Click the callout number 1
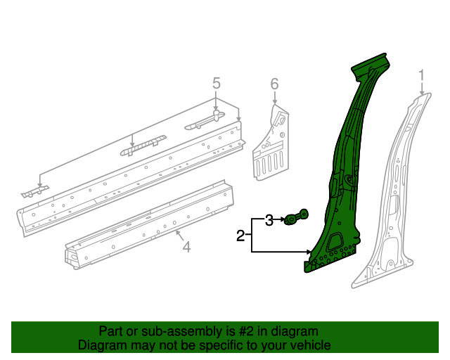coord(421,75)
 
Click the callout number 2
coord(240,236)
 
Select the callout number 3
coord(269,221)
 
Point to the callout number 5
coord(217,84)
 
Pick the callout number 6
coord(275,85)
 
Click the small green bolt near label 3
coord(296,219)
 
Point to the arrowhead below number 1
coord(422,94)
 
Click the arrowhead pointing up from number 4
coord(178,232)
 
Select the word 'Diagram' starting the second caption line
coord(101,345)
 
